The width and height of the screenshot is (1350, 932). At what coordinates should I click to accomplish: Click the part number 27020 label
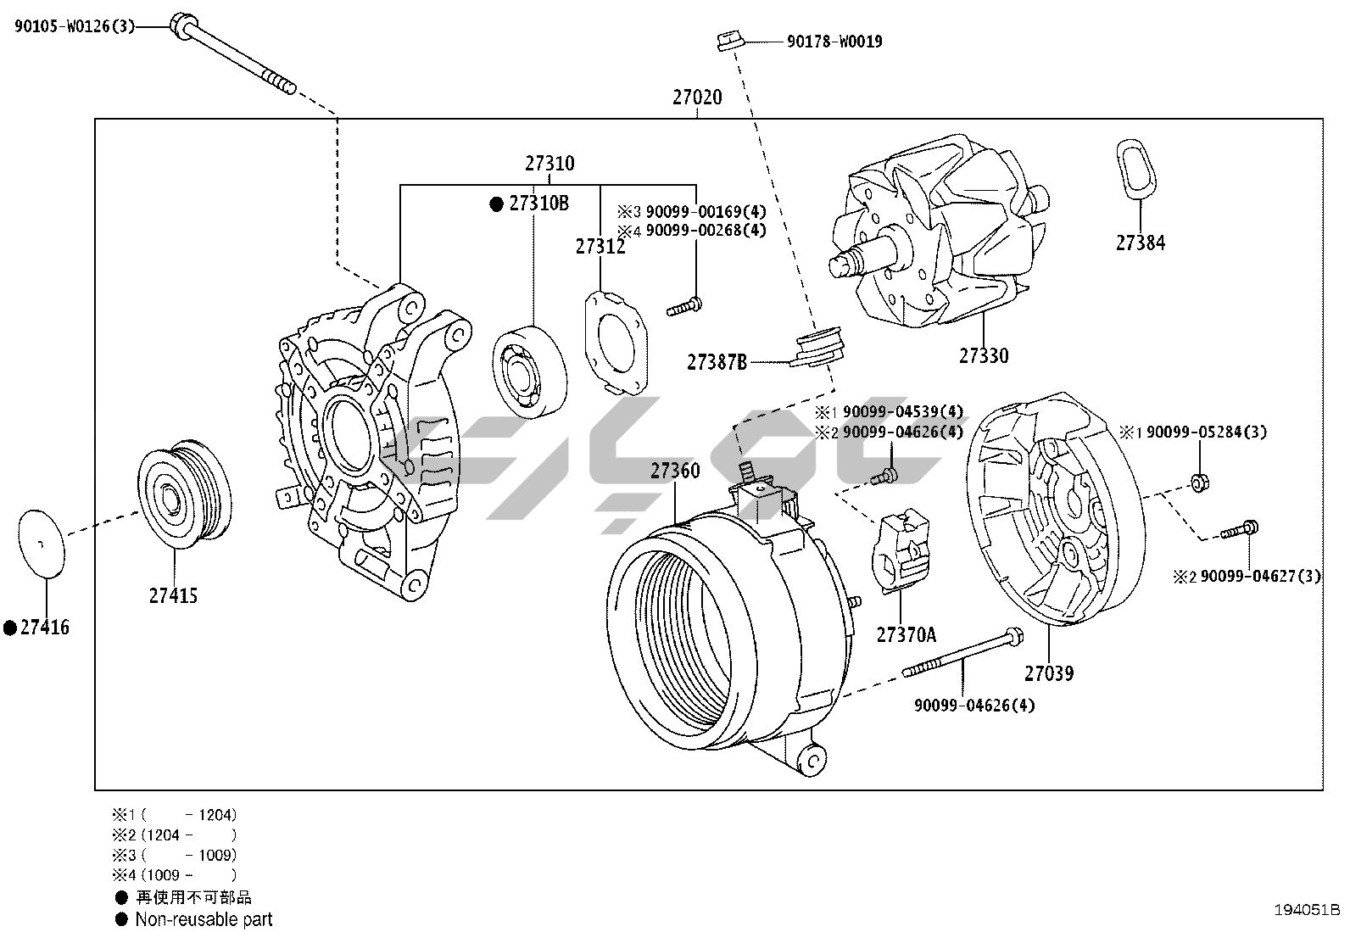coord(697,98)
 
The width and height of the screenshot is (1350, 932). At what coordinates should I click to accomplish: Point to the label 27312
coord(600,247)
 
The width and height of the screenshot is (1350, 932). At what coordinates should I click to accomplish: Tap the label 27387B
coord(717,363)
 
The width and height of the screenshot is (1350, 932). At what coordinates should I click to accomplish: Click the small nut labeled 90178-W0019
coord(727,40)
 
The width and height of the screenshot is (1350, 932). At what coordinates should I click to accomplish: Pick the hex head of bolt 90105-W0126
coord(181,25)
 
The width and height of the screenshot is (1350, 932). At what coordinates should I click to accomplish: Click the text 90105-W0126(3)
coord(75,26)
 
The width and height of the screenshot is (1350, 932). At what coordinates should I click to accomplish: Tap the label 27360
coord(675,471)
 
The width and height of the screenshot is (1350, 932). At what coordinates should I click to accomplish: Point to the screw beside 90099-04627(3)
coord(1239,530)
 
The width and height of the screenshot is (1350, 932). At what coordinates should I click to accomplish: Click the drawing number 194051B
coord(1307,910)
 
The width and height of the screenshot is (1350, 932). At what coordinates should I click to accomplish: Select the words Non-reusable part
coord(204,919)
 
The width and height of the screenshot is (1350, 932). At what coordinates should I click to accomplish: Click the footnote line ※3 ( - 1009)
coord(175,855)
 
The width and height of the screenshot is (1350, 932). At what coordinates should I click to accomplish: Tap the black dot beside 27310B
coord(497,204)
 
